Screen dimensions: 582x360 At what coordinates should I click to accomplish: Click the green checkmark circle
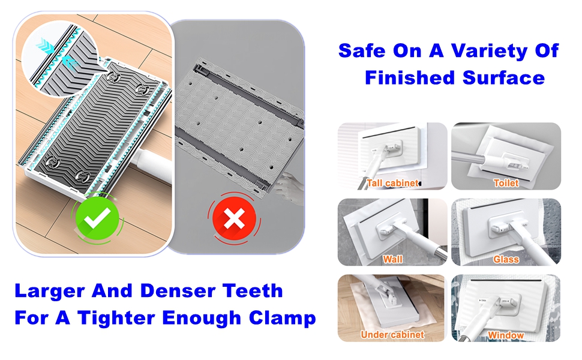click(x=97, y=218)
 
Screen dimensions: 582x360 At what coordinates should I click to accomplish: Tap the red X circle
click(x=234, y=218)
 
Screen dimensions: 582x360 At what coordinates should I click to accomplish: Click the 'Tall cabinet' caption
click(x=393, y=183)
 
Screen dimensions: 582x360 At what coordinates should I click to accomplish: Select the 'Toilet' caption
click(x=506, y=183)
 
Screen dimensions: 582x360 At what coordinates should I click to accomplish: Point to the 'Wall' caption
click(x=393, y=259)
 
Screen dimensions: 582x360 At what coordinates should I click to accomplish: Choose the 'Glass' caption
click(x=506, y=259)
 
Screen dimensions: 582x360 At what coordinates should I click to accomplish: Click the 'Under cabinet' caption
click(x=392, y=335)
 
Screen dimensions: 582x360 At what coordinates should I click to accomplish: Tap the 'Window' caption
click(x=506, y=335)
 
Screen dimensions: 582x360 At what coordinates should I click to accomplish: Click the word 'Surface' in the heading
click(x=503, y=78)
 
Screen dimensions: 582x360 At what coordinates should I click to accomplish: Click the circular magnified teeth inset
click(x=60, y=59)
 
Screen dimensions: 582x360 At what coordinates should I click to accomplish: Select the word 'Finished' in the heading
click(x=409, y=78)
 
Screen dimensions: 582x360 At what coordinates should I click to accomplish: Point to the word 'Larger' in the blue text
click(x=50, y=292)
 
